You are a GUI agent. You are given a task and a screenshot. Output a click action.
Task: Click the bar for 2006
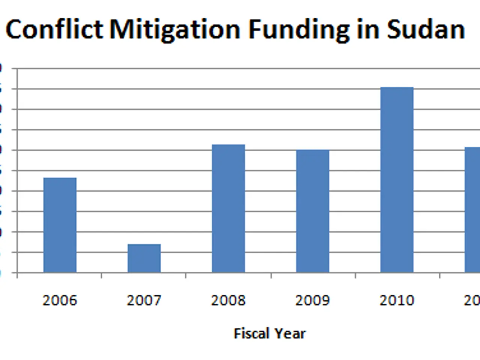tap(60, 225)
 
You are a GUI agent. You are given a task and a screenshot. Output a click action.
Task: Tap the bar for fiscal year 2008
tap(228, 208)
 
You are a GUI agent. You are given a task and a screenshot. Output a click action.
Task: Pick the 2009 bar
tap(313, 211)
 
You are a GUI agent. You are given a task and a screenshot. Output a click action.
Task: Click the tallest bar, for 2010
tap(397, 180)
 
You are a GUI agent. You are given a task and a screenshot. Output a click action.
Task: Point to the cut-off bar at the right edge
tap(472, 210)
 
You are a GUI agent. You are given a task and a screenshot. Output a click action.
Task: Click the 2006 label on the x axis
tap(60, 300)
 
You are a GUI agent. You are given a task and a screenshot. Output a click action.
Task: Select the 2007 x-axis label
tap(144, 300)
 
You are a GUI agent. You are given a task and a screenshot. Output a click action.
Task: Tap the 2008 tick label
tap(228, 300)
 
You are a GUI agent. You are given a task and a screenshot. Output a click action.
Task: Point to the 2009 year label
tap(312, 300)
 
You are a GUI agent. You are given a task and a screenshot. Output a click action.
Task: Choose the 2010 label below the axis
tap(397, 300)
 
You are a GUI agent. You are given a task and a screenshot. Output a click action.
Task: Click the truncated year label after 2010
tap(472, 300)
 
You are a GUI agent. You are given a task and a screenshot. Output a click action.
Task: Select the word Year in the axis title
tap(290, 333)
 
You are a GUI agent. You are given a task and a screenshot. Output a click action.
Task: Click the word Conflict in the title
tap(54, 29)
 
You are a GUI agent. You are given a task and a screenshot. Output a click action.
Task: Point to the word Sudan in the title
tap(426, 29)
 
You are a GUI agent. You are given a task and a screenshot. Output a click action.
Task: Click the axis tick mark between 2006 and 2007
tap(102, 276)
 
